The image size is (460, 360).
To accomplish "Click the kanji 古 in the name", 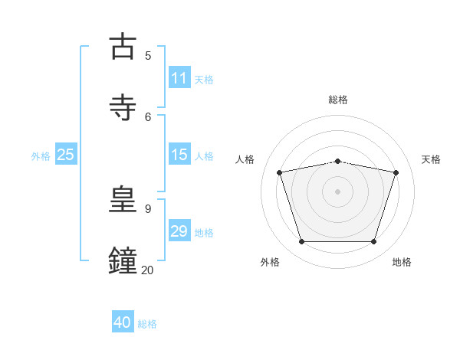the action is click(x=123, y=46).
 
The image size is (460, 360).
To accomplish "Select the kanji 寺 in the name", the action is click(x=123, y=107).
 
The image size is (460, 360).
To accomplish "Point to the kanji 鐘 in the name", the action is click(x=123, y=260).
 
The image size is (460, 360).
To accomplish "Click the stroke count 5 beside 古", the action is click(x=148, y=56).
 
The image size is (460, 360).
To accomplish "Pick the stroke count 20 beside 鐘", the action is click(x=147, y=270).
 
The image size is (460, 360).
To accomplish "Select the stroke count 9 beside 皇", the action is click(x=148, y=209).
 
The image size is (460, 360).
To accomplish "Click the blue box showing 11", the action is click(x=179, y=77).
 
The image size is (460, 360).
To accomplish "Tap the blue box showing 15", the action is click(x=179, y=154).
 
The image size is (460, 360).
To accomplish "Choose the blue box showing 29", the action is click(x=179, y=230).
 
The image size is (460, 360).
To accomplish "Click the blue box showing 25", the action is click(x=66, y=154).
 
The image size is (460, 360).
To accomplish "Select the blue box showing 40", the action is click(x=123, y=321).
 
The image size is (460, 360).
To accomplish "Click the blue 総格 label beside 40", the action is click(x=147, y=324).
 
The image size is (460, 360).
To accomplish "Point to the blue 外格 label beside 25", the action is click(x=41, y=156).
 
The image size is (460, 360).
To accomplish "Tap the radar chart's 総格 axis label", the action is click(x=338, y=100).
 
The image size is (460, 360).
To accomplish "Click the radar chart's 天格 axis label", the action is click(x=431, y=159).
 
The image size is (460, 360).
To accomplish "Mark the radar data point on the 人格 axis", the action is click(x=279, y=172).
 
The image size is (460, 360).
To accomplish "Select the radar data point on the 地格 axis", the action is click(x=374, y=242).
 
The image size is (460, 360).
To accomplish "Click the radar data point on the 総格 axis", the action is click(x=337, y=162).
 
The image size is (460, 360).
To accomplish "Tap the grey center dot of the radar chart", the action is click(x=337, y=191).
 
